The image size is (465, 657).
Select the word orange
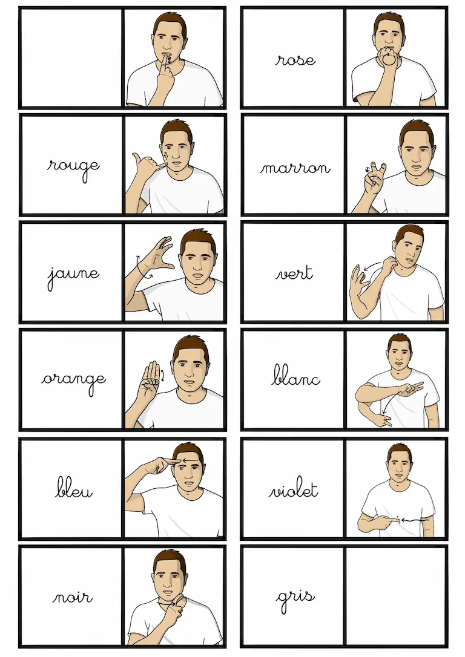click(x=73, y=382)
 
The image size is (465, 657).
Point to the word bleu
click(x=73, y=488)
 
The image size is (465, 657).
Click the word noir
click(x=72, y=597)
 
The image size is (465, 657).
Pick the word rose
click(x=295, y=60)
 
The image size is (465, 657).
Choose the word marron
click(x=295, y=168)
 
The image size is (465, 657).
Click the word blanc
click(x=296, y=375)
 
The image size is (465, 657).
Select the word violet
click(x=294, y=489)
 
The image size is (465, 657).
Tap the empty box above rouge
click(x=71, y=57)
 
